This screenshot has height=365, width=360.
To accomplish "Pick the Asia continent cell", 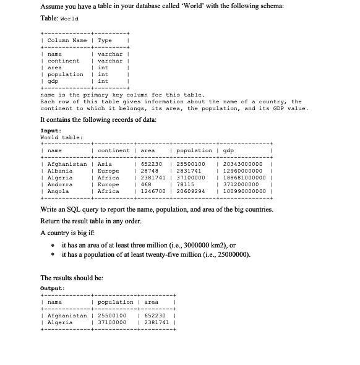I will pos(104,163).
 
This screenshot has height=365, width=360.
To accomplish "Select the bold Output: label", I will pos(52,288).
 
